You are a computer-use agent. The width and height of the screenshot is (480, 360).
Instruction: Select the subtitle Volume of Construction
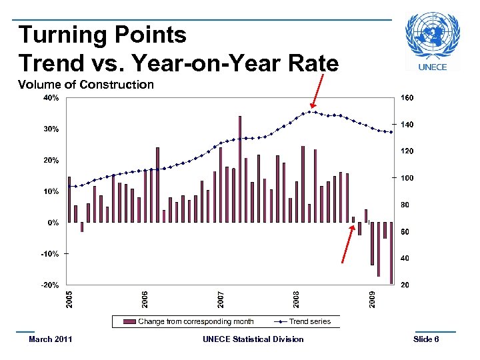click(x=86, y=85)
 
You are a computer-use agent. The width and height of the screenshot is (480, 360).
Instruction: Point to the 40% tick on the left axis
click(x=51, y=98)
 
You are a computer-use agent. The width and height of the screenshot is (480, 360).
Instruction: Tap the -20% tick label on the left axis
click(x=49, y=285)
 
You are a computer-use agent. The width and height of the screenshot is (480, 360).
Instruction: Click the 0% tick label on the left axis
click(x=52, y=223)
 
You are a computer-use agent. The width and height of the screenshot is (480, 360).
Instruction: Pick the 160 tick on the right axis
click(x=407, y=98)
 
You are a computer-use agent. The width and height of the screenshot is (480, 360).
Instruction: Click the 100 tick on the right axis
click(x=407, y=178)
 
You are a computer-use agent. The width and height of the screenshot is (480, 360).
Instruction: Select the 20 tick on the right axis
click(x=405, y=285)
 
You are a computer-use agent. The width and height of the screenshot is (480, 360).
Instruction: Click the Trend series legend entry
click(x=309, y=321)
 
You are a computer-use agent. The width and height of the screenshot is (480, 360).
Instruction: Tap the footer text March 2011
click(x=51, y=339)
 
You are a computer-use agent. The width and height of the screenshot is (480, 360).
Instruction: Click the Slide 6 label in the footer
click(x=426, y=339)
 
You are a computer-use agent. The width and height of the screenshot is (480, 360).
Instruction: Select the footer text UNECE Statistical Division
click(x=253, y=339)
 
